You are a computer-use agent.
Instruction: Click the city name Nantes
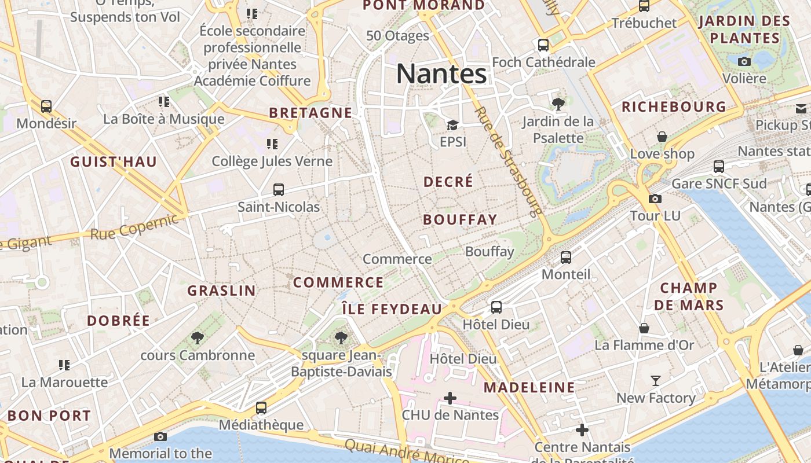pyautogui.click(x=441, y=74)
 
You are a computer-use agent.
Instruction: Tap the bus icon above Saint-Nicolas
pyautogui.click(x=279, y=189)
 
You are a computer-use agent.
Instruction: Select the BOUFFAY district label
pyautogui.click(x=460, y=219)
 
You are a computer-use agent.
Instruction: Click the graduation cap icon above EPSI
pyautogui.click(x=452, y=125)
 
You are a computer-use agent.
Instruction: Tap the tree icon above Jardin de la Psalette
pyautogui.click(x=558, y=104)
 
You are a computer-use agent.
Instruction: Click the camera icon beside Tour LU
pyautogui.click(x=655, y=199)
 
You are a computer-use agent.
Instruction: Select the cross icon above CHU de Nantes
pyautogui.click(x=450, y=398)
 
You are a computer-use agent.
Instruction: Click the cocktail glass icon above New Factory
pyautogui.click(x=655, y=381)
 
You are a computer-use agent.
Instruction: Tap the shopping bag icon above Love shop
pyautogui.click(x=662, y=137)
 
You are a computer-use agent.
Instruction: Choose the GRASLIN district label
pyautogui.click(x=221, y=291)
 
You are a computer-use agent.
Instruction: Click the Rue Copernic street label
pyautogui.click(x=134, y=227)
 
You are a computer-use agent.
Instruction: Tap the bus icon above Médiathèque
pyautogui.click(x=261, y=408)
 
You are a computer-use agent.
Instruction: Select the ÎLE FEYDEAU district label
pyautogui.click(x=392, y=309)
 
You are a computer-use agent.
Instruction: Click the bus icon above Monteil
pyautogui.click(x=566, y=258)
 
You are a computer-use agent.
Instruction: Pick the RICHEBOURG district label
pyautogui.click(x=674, y=107)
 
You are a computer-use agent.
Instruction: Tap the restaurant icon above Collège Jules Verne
pyautogui.click(x=272, y=144)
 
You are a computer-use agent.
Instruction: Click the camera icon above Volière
pyautogui.click(x=744, y=61)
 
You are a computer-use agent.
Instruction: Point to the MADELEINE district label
pyautogui.click(x=529, y=387)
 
